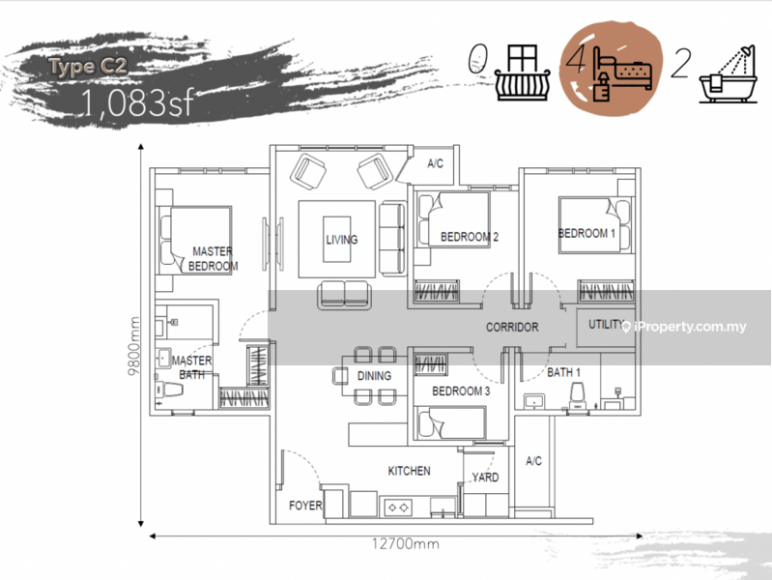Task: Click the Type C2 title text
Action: pyautogui.click(x=88, y=67)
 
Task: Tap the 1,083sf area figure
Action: pyautogui.click(x=138, y=103)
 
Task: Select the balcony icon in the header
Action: pyautogui.click(x=522, y=72)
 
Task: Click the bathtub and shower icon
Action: pyautogui.click(x=728, y=74)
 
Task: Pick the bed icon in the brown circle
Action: pyautogui.click(x=622, y=73)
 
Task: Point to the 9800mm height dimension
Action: pyautogui.click(x=133, y=345)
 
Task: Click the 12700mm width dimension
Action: pyautogui.click(x=405, y=544)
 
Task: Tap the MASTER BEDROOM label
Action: pyautogui.click(x=213, y=259)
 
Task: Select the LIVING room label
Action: pyautogui.click(x=342, y=240)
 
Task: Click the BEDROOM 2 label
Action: pyautogui.click(x=470, y=237)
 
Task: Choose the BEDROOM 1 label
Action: pyautogui.click(x=586, y=233)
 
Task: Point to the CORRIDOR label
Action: pyautogui.click(x=512, y=327)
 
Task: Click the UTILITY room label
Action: pyautogui.click(x=606, y=324)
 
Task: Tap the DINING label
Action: pyautogui.click(x=374, y=376)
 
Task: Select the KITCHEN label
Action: pyautogui.click(x=409, y=471)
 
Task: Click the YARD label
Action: pyautogui.click(x=485, y=477)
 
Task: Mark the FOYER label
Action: pyautogui.click(x=305, y=506)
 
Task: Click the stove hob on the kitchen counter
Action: pyautogui.click(x=398, y=507)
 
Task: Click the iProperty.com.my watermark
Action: pyautogui.click(x=684, y=327)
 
